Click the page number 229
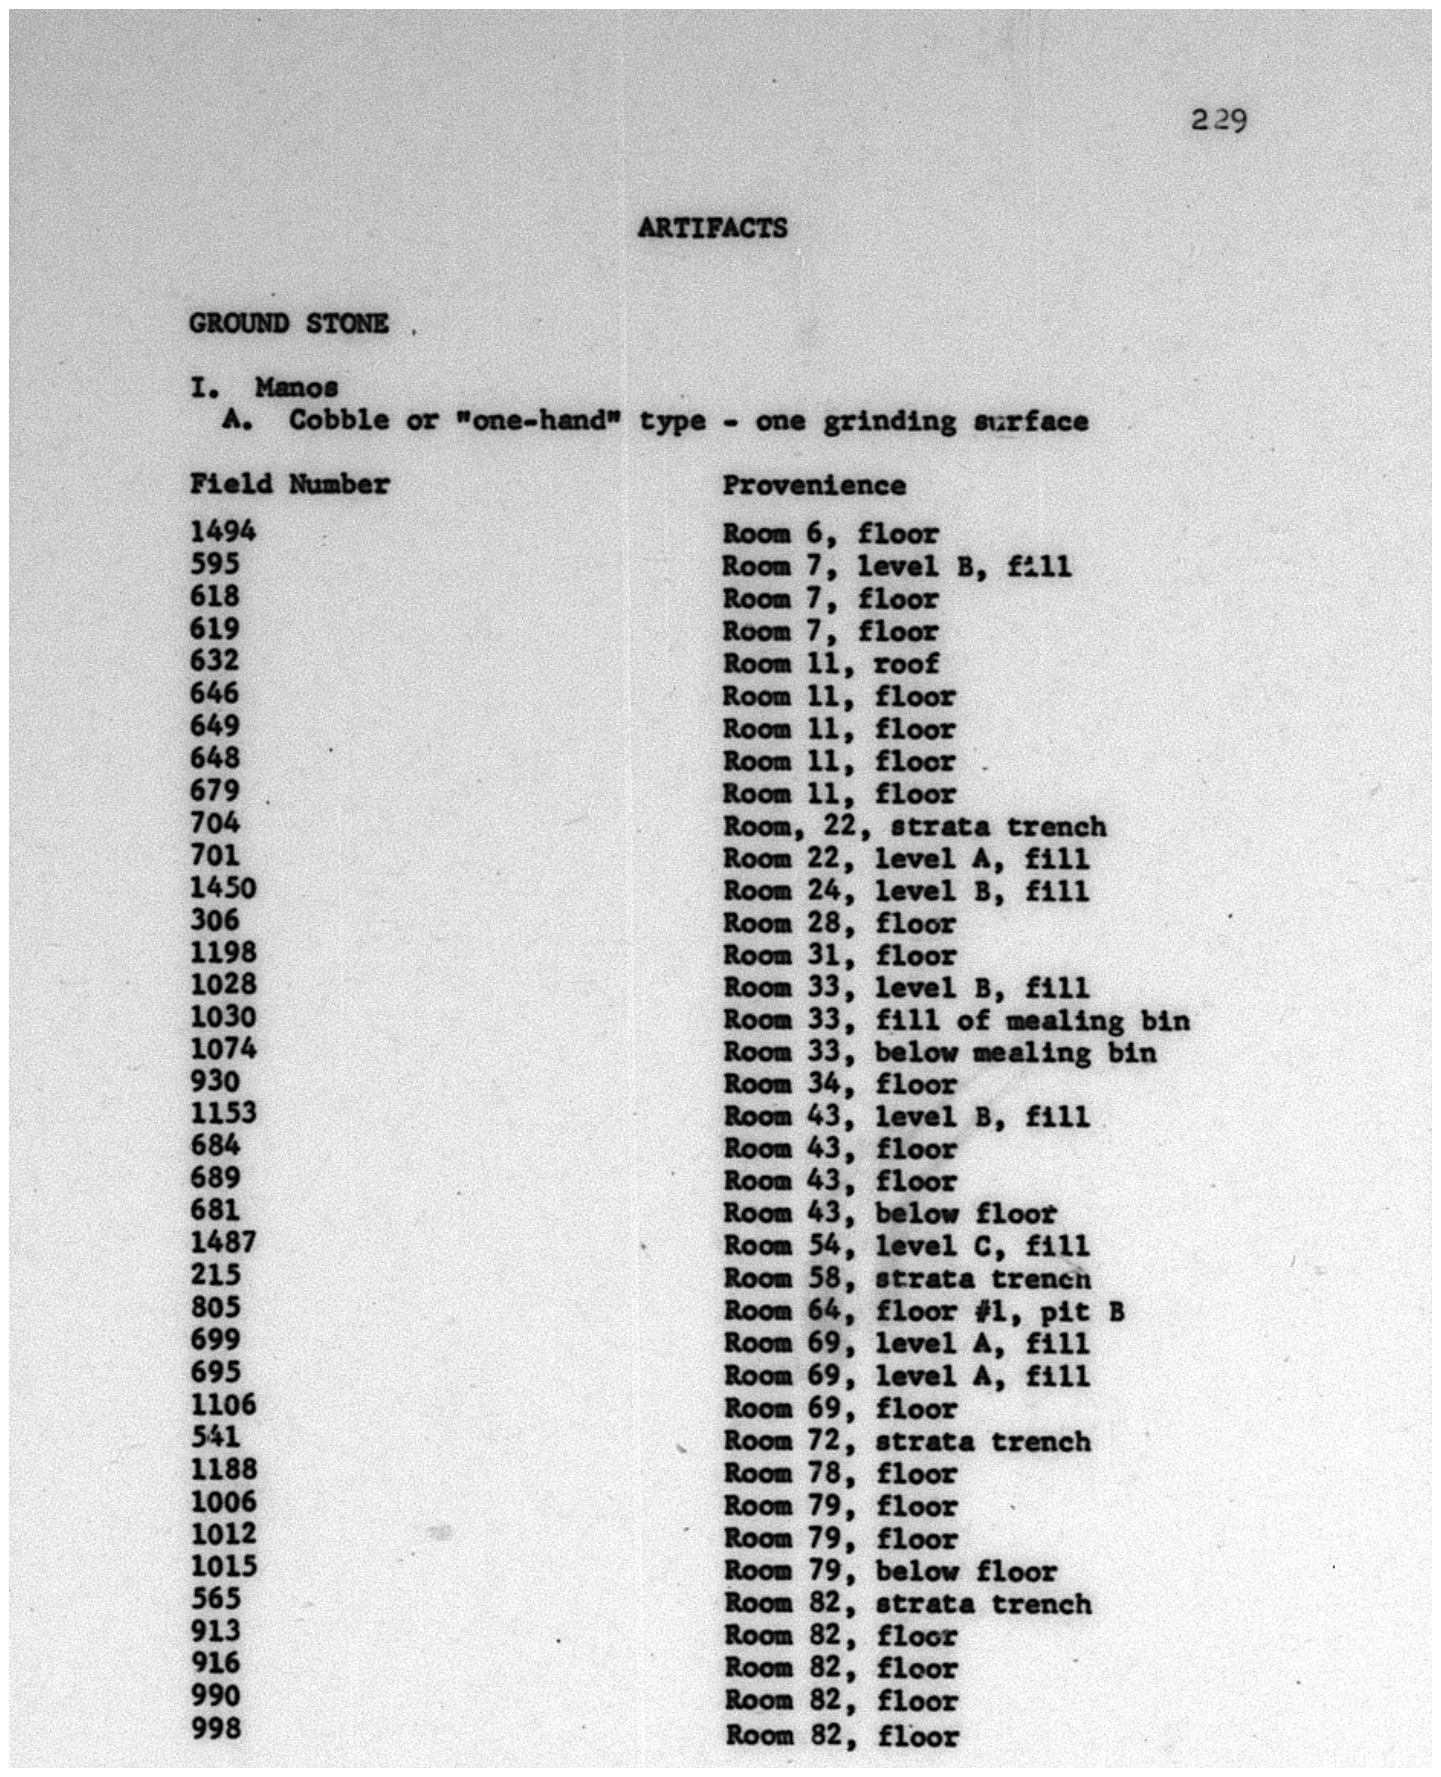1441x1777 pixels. point(1219,121)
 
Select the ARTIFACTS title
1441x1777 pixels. point(712,228)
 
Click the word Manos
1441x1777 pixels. point(296,388)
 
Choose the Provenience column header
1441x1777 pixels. point(813,486)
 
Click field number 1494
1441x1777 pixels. point(222,531)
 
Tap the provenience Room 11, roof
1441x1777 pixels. point(831,664)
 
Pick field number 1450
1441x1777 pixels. point(222,888)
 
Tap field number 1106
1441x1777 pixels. point(222,1404)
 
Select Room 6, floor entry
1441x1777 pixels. point(830,534)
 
